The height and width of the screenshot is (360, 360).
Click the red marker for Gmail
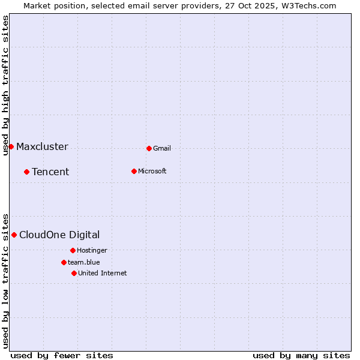point(149,148)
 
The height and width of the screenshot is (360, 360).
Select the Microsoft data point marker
point(134,171)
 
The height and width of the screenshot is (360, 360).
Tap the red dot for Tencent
point(26,172)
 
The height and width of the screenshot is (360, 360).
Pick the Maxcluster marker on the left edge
point(11,146)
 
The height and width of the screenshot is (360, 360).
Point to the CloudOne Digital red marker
point(14,235)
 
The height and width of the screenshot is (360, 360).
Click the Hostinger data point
point(73,250)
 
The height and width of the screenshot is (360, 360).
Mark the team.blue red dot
point(64,262)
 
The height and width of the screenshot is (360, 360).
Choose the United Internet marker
point(74,273)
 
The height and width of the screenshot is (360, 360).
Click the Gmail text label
point(162,148)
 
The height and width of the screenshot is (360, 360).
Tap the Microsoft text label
point(152,171)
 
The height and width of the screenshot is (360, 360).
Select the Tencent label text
point(50,172)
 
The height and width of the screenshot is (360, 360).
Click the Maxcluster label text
point(42,146)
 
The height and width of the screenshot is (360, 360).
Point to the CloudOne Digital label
point(59,235)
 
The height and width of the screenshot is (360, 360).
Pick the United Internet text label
point(103,273)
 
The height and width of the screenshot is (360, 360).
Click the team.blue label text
point(84,262)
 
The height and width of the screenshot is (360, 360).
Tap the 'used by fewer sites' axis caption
point(62,355)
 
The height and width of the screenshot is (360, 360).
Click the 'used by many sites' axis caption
point(301,355)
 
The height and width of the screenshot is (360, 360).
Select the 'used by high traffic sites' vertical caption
point(5,86)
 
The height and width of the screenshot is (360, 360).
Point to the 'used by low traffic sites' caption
point(5,280)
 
